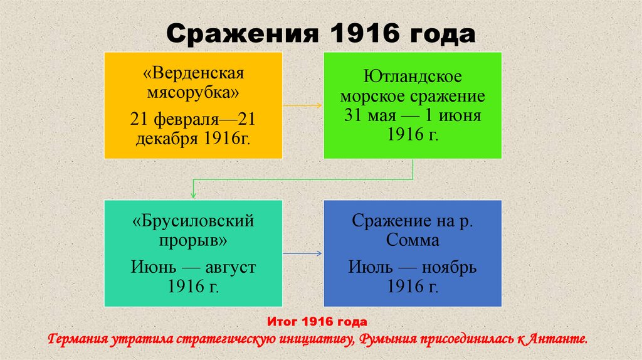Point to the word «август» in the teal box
point(228,267)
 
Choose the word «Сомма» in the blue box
point(413,240)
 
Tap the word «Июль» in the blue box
point(370,267)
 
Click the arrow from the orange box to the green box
point(303,105)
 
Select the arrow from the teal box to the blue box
point(303,253)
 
